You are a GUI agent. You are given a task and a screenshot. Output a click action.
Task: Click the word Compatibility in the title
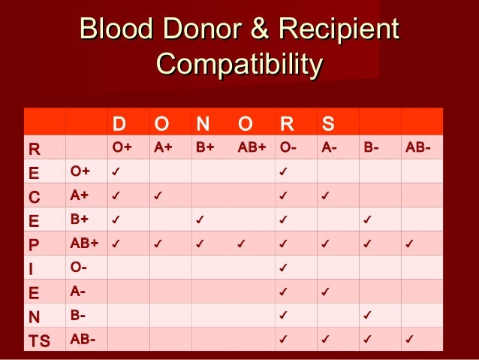[x=239, y=63]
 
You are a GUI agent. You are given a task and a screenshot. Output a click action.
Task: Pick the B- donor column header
[x=370, y=147]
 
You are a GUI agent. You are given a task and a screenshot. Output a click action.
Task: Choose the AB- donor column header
[x=417, y=147]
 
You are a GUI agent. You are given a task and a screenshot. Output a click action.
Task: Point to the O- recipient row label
[x=79, y=267]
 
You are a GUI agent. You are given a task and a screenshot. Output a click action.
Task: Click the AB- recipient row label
[x=82, y=339]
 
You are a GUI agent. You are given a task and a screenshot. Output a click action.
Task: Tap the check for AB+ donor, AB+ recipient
[x=241, y=244]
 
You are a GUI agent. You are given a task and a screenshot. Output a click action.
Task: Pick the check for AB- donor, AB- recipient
[x=409, y=340]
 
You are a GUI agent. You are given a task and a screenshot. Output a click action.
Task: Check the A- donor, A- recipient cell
[x=325, y=292]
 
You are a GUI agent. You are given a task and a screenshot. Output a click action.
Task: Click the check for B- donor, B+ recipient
[x=367, y=220]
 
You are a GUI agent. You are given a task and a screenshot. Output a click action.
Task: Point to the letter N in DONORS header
[x=202, y=122]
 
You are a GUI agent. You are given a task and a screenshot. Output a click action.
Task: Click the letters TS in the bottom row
[x=38, y=340]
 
